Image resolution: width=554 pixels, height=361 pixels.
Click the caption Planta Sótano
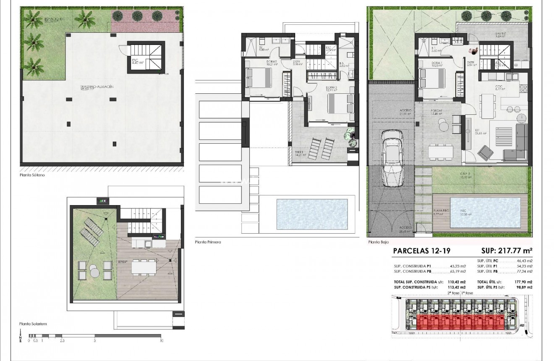(x=32, y=175)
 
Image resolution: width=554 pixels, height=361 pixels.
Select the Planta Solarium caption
(x=33, y=324)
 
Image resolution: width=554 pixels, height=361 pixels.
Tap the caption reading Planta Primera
(x=208, y=242)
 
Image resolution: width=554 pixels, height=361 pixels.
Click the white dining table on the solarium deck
(x=143, y=266)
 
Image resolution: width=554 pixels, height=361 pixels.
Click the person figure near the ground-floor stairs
(x=473, y=50)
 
